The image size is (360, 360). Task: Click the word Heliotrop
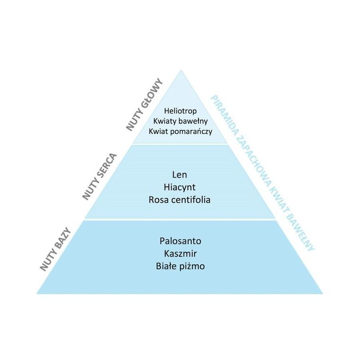(180, 111)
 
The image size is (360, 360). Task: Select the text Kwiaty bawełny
(180, 121)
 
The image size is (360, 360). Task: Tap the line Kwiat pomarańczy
(180, 131)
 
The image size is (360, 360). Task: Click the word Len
(180, 175)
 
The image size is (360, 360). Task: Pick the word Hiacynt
(180, 188)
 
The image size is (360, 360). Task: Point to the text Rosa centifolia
(180, 200)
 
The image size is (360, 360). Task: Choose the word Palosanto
(180, 241)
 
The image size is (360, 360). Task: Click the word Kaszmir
(180, 253)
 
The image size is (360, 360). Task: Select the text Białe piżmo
(180, 266)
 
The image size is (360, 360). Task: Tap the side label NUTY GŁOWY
(144, 104)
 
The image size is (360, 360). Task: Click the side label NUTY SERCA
(99, 176)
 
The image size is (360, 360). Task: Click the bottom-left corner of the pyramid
(37, 293)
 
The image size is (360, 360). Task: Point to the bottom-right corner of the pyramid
(323, 293)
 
